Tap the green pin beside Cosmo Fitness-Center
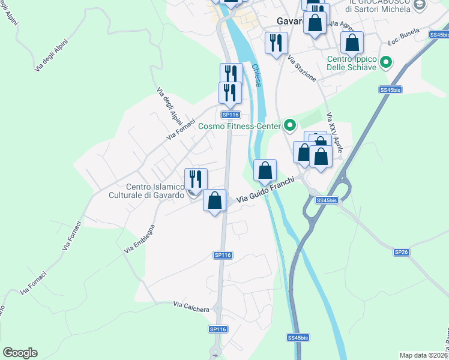291,125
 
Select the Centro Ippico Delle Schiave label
352,63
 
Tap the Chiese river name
257,76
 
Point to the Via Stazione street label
301,70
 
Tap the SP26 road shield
401,252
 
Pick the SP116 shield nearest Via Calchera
218,329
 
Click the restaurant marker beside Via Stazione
277,43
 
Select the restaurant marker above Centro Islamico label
196,179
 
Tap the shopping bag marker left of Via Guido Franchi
214,200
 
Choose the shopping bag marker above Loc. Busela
352,43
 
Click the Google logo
20,353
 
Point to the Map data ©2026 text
424,355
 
